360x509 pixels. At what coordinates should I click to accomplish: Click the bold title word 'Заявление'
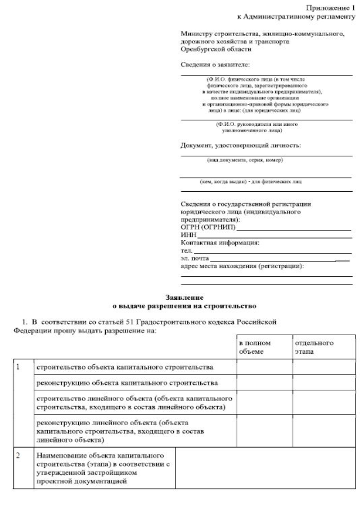point(184,296)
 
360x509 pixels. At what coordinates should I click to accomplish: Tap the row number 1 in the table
point(18,367)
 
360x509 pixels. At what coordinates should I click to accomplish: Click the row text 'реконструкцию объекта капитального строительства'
point(127,384)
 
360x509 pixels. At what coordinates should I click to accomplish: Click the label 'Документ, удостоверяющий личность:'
point(240,145)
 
